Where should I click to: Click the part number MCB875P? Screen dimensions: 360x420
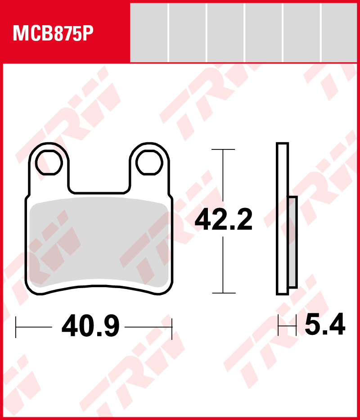pyautogui.click(x=53, y=33)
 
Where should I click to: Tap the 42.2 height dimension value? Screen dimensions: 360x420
pyautogui.click(x=224, y=220)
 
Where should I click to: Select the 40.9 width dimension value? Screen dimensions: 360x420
pyautogui.click(x=90, y=326)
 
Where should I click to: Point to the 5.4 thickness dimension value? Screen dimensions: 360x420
pyautogui.click(x=325, y=324)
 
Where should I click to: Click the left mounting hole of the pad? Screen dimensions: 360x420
pyautogui.click(x=49, y=163)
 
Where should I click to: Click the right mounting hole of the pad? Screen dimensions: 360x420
pyautogui.click(x=149, y=163)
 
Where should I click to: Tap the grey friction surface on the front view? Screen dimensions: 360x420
pyautogui.click(x=99, y=242)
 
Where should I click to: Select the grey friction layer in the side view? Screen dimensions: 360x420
pyautogui.click(x=293, y=242)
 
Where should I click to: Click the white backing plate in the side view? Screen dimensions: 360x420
pyautogui.click(x=282, y=219)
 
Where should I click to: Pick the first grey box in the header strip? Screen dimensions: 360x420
pyautogui.click(x=148, y=33)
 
